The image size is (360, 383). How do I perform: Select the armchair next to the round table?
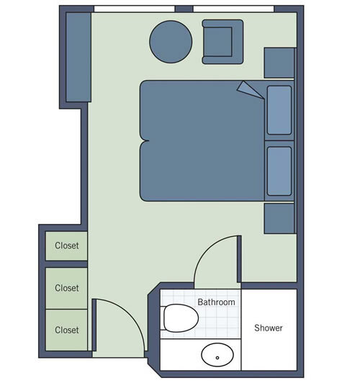point(222,42)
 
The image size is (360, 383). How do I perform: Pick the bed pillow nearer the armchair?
point(279,110)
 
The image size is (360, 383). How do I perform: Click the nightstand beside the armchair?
point(279,63)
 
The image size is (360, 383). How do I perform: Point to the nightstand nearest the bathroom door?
point(279,218)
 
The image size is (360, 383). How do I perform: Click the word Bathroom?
point(216,302)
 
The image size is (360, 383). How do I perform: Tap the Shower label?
point(269,328)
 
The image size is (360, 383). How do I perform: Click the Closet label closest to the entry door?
point(67,330)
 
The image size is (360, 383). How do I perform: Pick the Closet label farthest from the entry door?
point(67,245)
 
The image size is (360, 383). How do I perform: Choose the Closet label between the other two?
point(67,288)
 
